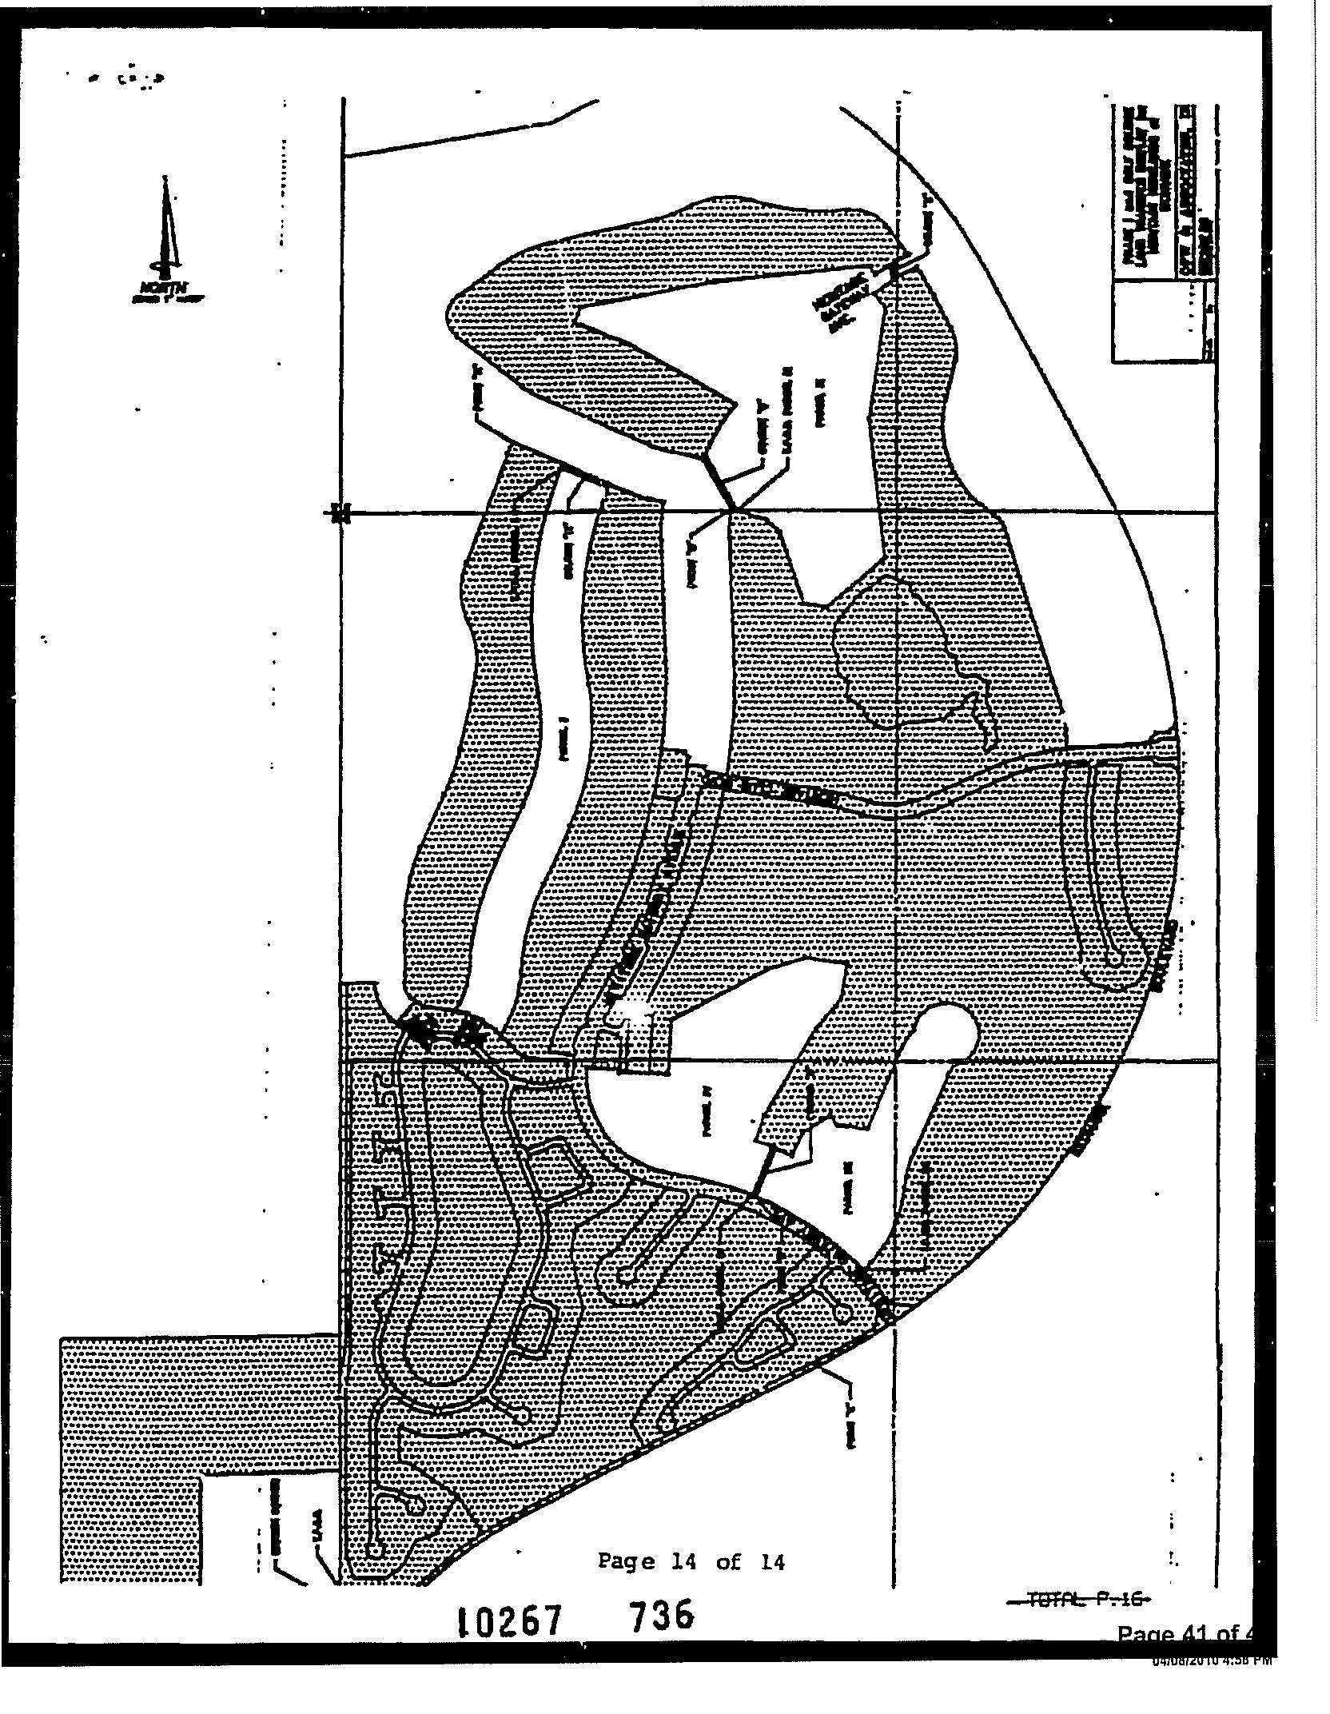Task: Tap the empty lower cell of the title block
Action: (1163, 329)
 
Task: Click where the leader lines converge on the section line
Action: (732, 508)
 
